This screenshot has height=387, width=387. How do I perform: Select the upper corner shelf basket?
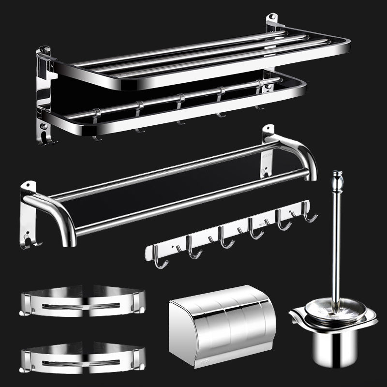point(82,301)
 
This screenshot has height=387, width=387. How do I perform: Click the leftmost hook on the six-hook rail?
point(163,259)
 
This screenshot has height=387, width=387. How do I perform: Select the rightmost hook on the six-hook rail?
point(308,213)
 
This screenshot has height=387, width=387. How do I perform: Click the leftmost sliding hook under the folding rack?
point(96,126)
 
